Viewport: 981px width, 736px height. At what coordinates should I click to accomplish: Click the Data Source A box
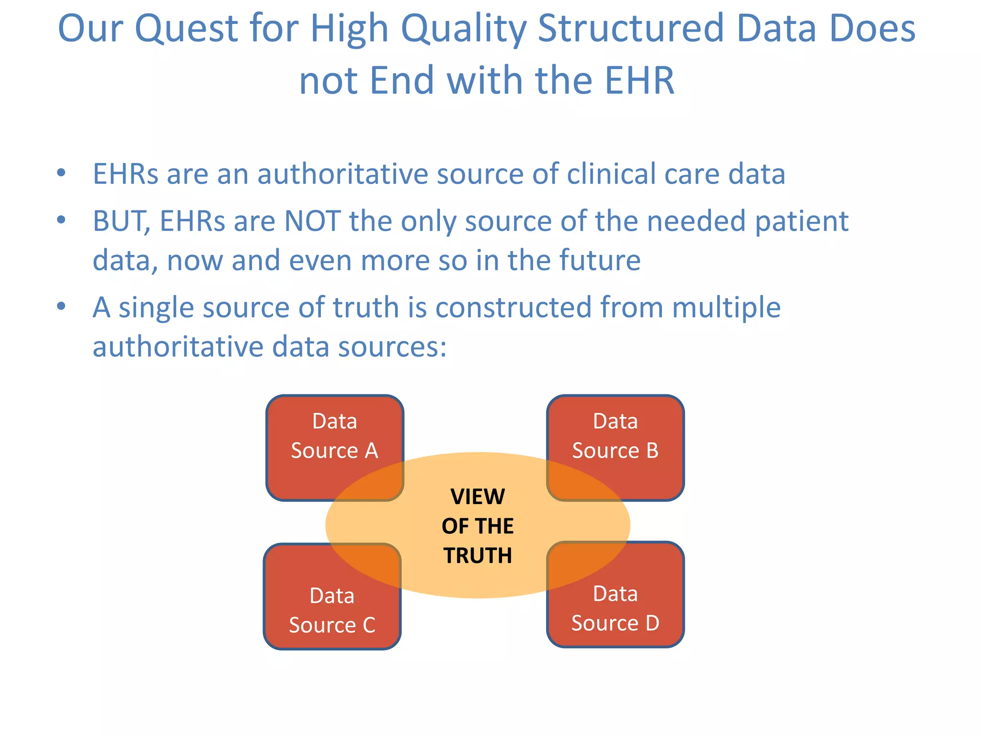pyautogui.click(x=334, y=436)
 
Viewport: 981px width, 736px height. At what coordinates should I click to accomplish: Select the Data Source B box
pyautogui.click(x=615, y=436)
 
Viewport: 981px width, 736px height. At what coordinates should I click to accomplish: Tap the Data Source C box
pyautogui.click(x=332, y=610)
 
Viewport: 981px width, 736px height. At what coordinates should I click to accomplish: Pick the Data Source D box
pyautogui.click(x=615, y=609)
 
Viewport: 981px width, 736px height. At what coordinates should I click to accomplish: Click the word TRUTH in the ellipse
pyautogui.click(x=478, y=556)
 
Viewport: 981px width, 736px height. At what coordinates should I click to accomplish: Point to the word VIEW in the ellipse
pyautogui.click(x=478, y=497)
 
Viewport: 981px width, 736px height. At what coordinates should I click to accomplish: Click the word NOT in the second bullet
pyautogui.click(x=312, y=221)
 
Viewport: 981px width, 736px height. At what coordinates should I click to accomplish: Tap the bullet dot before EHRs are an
pyautogui.click(x=61, y=173)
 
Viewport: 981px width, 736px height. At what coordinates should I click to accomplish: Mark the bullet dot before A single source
pyautogui.click(x=61, y=306)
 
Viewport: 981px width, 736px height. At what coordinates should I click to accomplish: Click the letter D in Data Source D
pyautogui.click(x=652, y=623)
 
